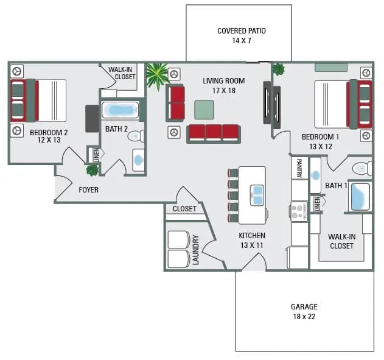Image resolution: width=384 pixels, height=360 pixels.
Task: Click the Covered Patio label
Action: coord(241,35)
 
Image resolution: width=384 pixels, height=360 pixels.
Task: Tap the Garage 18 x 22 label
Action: coord(304,311)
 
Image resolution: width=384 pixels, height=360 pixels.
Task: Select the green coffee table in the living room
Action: coord(204,110)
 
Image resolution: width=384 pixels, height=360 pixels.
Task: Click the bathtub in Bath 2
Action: coord(120,110)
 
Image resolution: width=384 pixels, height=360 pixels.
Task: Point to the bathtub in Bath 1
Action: coord(360,197)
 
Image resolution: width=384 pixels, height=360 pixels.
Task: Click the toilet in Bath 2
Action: coord(136,136)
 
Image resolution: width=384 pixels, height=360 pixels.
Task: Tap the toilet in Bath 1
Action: coord(362,168)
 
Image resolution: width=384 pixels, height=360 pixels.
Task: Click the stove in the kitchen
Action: coord(299,211)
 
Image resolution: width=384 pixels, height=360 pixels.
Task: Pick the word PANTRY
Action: coord(299,168)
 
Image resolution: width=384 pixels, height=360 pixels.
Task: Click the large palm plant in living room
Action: coord(157,76)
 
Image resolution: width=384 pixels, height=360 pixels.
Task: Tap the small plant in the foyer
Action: coord(92,170)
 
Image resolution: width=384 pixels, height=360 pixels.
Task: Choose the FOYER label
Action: coord(88,189)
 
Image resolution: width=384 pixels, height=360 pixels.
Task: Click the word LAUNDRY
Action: coord(196,250)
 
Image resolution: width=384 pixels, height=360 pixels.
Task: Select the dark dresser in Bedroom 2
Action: coord(92,118)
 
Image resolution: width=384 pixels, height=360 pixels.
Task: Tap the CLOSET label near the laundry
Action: coord(184,208)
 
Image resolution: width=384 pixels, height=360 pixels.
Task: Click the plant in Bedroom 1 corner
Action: coord(279,69)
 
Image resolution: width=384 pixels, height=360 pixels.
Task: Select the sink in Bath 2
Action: coord(139,160)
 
